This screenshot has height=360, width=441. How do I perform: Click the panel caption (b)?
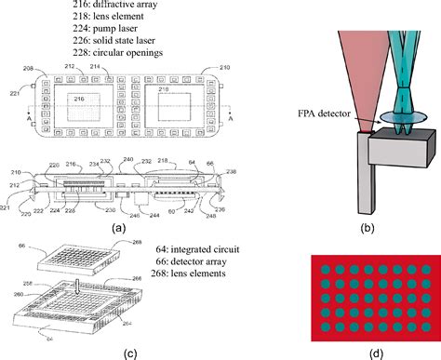click(369, 226)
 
